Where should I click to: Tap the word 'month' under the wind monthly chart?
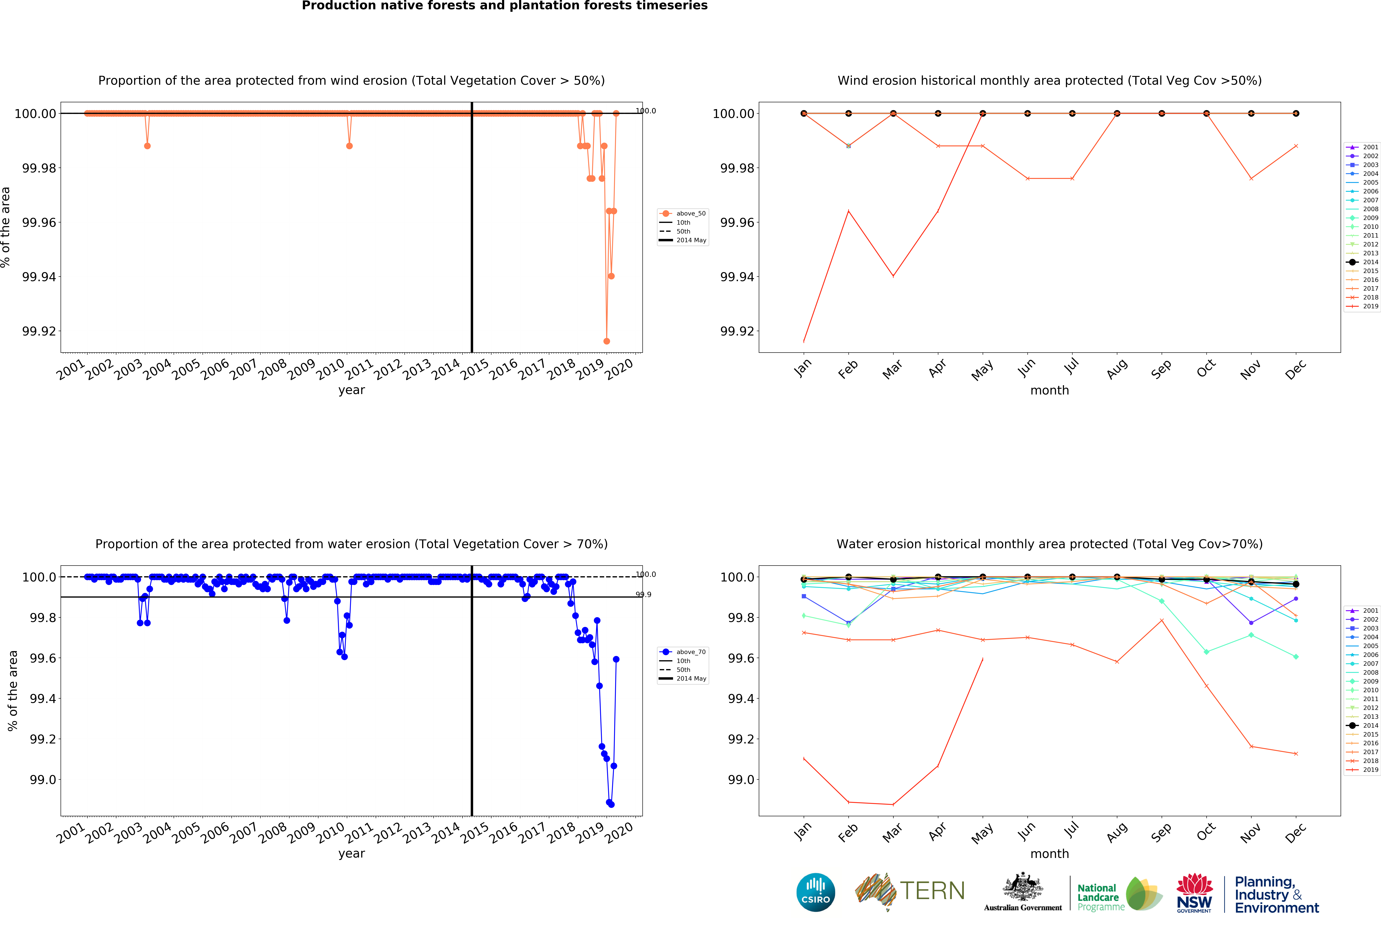(1049, 391)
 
